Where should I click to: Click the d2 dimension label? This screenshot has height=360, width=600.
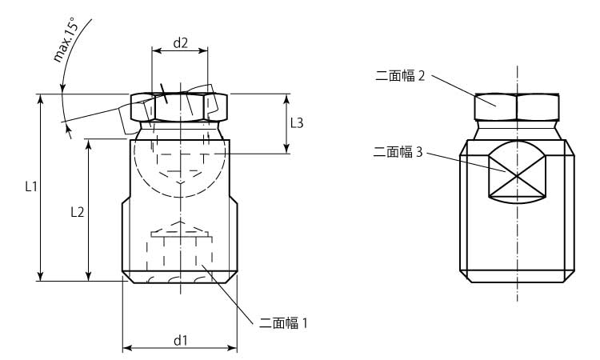(x=180, y=44)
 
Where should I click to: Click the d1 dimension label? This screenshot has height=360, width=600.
(x=180, y=340)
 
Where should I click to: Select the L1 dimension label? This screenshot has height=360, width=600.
(x=30, y=187)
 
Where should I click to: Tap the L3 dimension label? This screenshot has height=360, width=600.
(x=297, y=122)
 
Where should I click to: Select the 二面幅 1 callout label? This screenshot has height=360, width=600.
(x=284, y=323)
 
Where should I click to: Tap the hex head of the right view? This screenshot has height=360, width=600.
(x=517, y=106)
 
